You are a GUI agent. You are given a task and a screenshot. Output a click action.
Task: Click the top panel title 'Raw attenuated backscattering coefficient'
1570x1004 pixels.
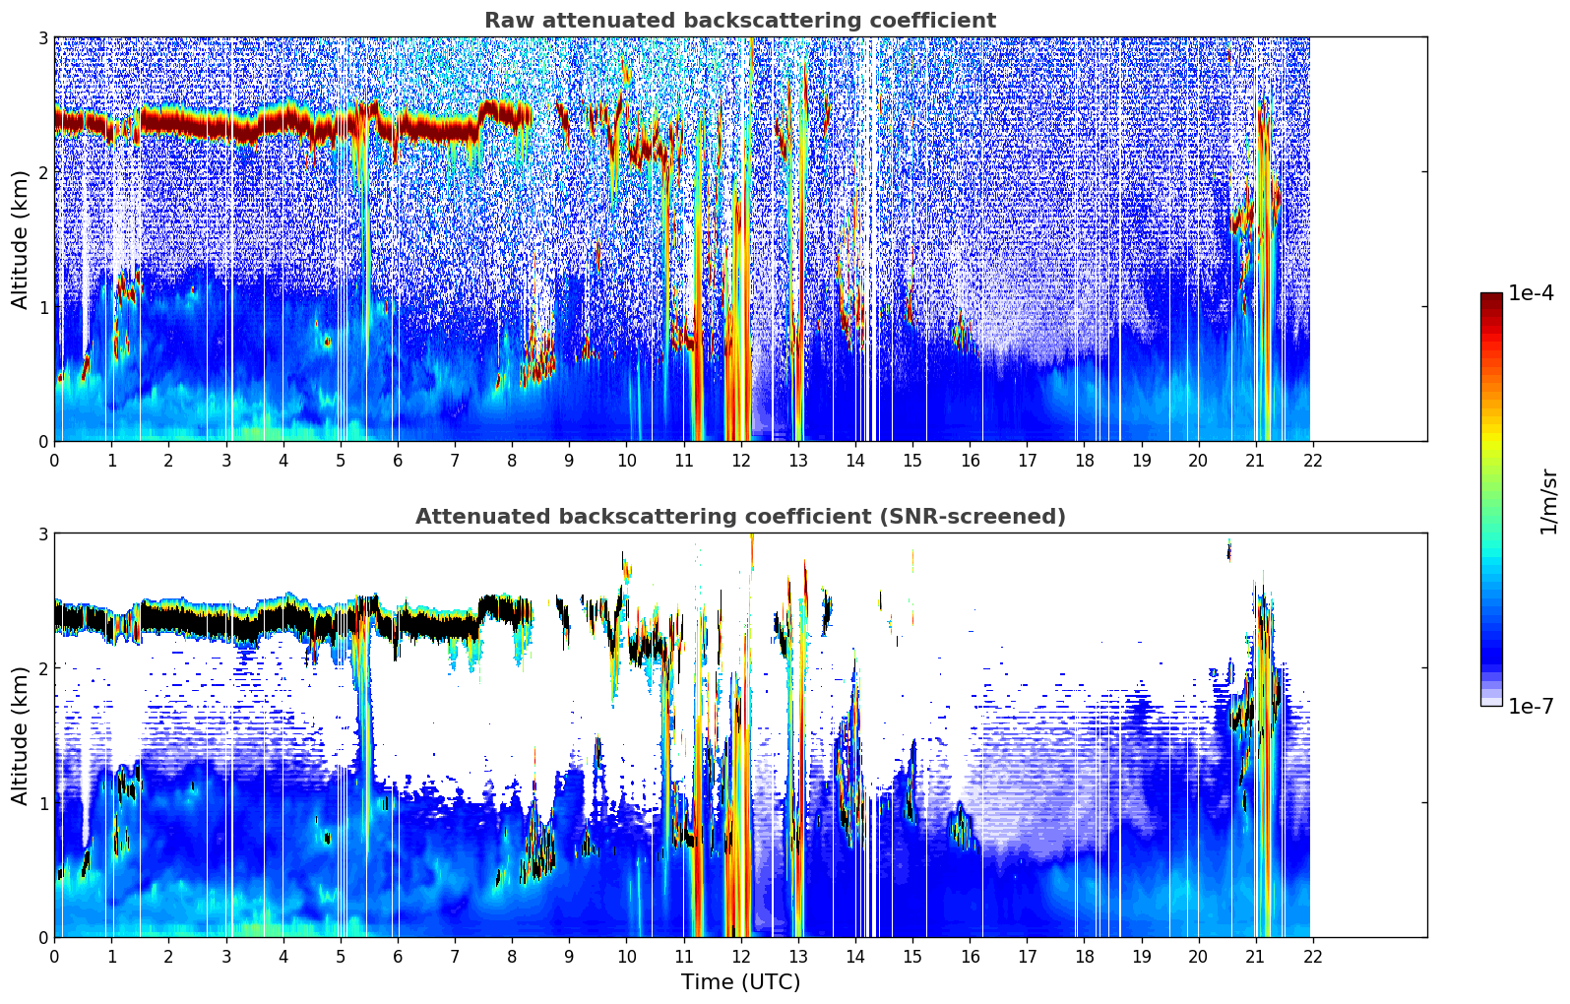pos(739,21)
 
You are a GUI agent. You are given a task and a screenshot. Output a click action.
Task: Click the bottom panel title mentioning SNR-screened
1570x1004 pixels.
pos(739,517)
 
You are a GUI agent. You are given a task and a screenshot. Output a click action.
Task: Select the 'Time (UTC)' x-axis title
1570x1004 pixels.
pos(740,982)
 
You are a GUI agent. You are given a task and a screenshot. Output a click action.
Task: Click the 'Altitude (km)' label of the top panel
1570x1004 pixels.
pos(21,239)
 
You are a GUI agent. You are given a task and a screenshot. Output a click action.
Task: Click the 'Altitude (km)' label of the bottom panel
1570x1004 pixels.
pos(21,735)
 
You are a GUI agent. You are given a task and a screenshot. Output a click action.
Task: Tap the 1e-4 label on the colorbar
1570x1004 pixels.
pos(1531,293)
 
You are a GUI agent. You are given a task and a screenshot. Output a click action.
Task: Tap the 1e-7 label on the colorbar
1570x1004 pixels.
pos(1531,706)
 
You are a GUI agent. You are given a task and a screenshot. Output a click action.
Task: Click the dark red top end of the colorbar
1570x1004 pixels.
pos(1491,298)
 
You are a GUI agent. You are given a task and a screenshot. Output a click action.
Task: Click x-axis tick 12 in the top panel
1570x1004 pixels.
pos(740,460)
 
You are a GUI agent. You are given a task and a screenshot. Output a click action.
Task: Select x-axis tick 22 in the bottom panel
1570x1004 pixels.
pos(1312,956)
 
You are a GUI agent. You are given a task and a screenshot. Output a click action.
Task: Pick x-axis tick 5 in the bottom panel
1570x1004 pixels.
pos(341,956)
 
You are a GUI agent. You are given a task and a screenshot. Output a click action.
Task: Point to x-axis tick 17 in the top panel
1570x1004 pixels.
pos(1027,460)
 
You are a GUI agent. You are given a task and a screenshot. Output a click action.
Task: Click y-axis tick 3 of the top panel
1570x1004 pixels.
pos(43,37)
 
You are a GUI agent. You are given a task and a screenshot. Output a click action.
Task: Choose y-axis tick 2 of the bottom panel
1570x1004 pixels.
pos(43,668)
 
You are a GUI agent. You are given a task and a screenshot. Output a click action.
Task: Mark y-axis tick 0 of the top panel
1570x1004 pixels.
pos(43,441)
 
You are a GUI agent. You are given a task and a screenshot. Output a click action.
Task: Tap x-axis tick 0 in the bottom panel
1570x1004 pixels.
pos(54,956)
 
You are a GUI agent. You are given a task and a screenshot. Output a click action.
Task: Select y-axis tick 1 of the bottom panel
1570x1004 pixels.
pos(43,803)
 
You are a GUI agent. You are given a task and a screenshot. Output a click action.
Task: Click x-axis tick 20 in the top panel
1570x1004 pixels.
pos(1198,460)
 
